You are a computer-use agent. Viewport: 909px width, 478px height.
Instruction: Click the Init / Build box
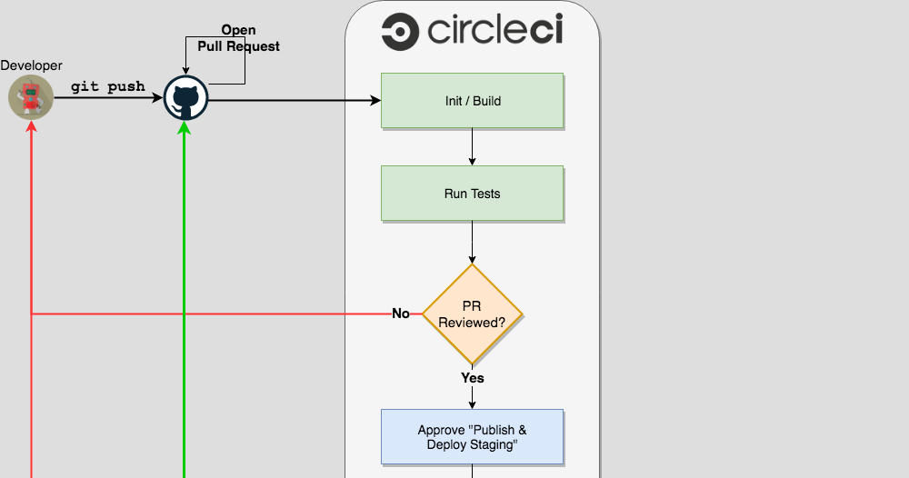[472, 101]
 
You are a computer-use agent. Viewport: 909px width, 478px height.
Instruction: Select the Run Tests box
[472, 194]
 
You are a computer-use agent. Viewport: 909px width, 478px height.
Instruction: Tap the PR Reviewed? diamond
[472, 314]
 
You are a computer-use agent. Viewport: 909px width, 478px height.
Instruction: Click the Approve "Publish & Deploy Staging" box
[472, 437]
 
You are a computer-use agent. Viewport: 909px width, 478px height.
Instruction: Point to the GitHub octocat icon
[185, 98]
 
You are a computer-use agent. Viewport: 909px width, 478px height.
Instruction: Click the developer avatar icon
[31, 97]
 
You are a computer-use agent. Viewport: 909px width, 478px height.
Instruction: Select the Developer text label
[32, 65]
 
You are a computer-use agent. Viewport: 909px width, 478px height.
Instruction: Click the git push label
[108, 87]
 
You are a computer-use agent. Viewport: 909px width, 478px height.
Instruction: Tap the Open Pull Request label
[238, 38]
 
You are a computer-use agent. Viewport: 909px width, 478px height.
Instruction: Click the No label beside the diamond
[401, 314]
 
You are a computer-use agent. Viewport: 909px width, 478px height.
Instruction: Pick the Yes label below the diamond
[472, 377]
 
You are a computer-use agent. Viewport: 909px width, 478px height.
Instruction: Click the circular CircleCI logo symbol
[399, 34]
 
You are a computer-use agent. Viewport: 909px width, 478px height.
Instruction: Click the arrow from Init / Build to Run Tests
[472, 147]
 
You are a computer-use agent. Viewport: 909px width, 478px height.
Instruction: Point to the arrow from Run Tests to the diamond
[472, 242]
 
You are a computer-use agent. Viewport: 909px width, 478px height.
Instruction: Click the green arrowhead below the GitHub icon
[185, 128]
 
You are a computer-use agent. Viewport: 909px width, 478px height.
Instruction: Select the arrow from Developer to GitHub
[108, 98]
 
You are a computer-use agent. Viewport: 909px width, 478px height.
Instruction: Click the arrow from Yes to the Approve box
[472, 398]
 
